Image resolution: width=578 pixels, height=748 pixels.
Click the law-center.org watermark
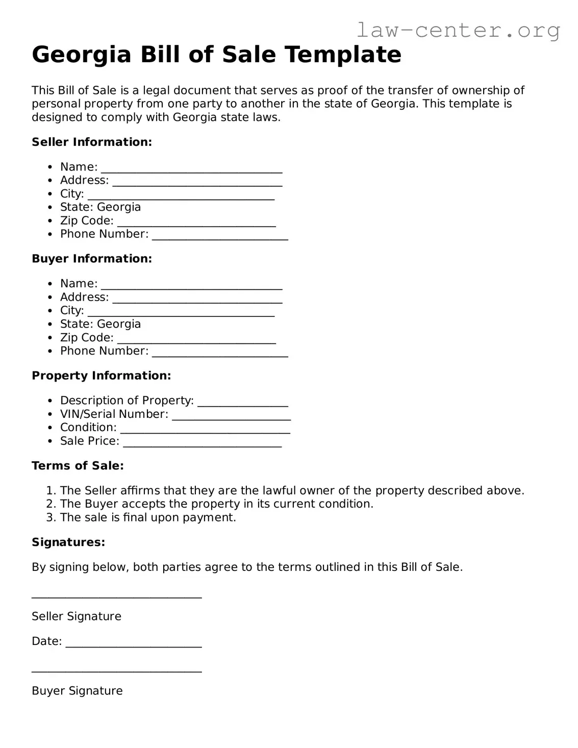coord(458,31)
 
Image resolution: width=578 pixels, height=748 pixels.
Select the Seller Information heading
coord(92,142)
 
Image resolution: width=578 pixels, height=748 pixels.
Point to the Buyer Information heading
coord(92,259)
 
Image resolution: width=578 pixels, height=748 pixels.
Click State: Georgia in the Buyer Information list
coord(100,324)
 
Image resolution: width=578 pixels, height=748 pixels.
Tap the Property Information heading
coord(101,376)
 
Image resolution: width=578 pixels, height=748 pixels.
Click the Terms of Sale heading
coord(78,466)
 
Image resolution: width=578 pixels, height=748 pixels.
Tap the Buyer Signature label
coord(77,691)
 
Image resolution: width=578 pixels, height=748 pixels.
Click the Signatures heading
coord(68,542)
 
